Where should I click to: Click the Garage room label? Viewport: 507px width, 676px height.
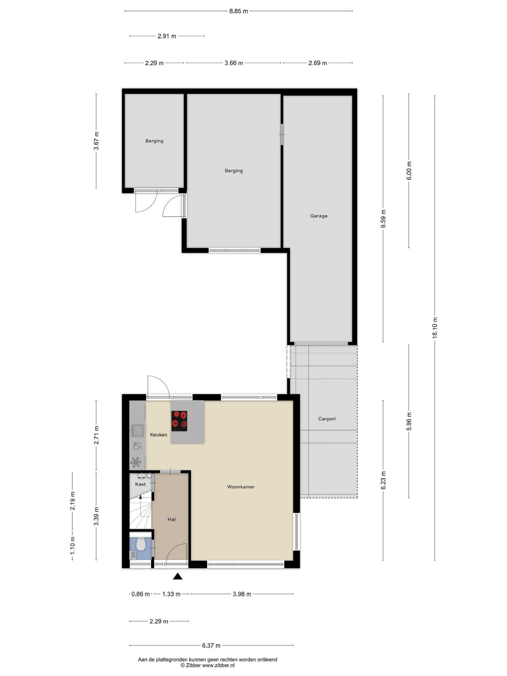(319, 216)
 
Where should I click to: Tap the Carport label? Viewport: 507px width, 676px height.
(327, 419)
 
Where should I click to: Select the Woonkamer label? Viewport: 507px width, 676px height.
(241, 487)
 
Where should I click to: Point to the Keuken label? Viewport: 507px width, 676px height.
(159, 435)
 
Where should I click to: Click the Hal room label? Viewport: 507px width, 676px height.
(171, 519)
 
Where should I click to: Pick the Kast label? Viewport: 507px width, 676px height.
(140, 484)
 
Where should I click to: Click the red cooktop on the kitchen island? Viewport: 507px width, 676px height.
(179, 421)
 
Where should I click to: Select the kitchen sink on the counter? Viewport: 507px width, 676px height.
(138, 430)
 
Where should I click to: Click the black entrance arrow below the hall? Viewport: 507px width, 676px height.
(177, 576)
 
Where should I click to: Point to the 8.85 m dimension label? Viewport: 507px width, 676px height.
(239, 11)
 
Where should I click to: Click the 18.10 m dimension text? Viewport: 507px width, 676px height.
(435, 328)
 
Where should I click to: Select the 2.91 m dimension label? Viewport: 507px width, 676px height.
(167, 36)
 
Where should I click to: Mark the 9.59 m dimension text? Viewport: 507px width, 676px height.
(383, 218)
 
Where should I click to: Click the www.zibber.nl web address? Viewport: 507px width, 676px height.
(218, 665)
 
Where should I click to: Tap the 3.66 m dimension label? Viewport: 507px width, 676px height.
(234, 63)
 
